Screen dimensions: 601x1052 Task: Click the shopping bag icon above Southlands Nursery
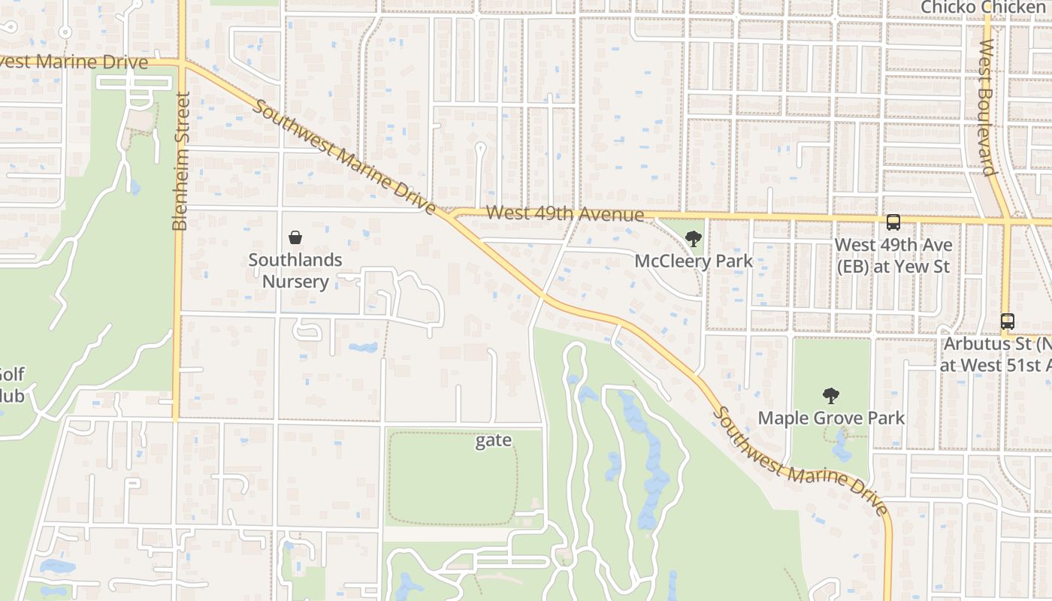click(x=295, y=237)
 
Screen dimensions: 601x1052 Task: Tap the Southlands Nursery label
click(x=295, y=271)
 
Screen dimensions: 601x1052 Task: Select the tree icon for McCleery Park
click(x=693, y=240)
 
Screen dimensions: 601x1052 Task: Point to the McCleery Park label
click(x=693, y=261)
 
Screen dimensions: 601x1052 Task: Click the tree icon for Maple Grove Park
click(x=830, y=396)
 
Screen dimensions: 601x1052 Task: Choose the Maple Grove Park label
click(x=831, y=418)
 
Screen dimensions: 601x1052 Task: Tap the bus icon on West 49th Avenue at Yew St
click(x=893, y=222)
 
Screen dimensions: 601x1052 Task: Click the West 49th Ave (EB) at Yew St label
click(x=893, y=255)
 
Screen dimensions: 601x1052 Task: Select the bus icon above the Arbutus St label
click(x=1007, y=322)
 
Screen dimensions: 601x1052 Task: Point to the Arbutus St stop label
click(x=996, y=355)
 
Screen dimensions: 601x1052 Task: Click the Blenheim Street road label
click(x=180, y=162)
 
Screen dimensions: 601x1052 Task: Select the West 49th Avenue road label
click(x=564, y=214)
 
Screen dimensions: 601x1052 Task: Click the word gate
click(x=493, y=441)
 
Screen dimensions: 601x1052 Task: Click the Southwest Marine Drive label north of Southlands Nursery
click(x=345, y=158)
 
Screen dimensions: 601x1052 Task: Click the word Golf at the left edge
click(x=11, y=374)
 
